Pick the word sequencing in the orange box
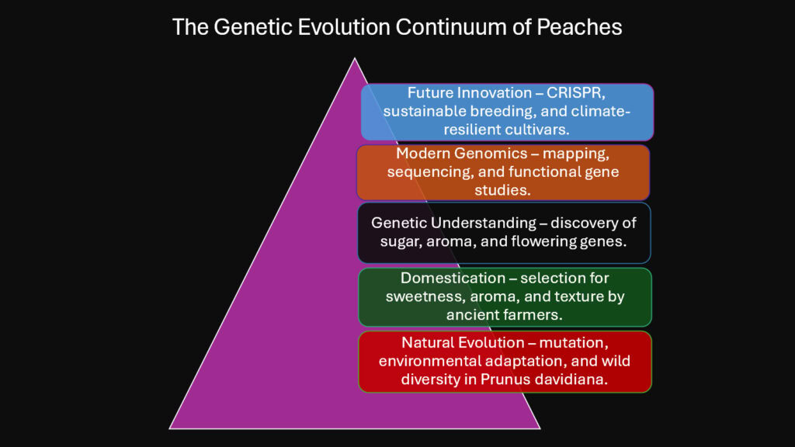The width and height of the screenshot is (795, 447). pos(429,172)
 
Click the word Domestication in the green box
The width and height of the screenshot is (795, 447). pos(453,278)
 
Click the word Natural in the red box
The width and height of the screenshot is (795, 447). pos(426,342)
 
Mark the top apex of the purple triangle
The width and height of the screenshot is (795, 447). pos(354,58)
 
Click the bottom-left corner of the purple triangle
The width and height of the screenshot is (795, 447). pos(170,428)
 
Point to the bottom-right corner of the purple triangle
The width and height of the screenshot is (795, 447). pos(540,428)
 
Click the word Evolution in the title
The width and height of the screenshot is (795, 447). pos(343,27)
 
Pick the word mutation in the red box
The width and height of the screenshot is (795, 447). pos(573,343)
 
